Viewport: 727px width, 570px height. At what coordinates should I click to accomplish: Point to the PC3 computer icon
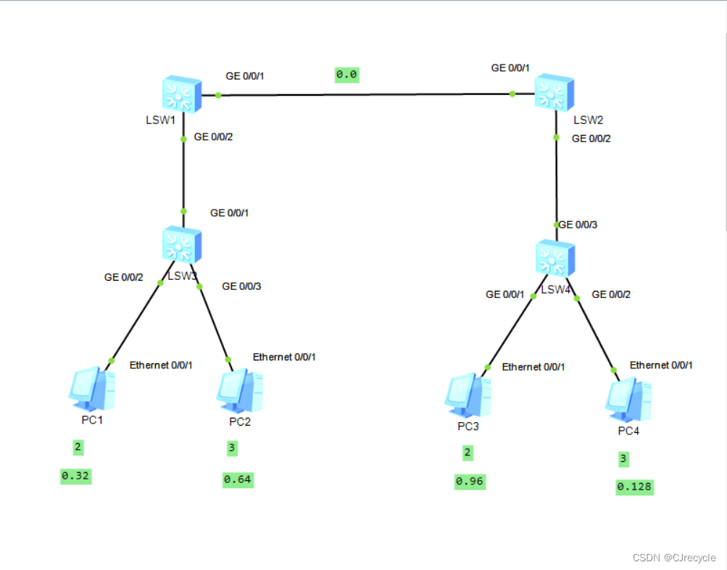pos(468,395)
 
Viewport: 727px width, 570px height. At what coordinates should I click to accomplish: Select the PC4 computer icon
pos(628,399)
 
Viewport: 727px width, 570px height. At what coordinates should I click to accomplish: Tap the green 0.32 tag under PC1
pos(75,476)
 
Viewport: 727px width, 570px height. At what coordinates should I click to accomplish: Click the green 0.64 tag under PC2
pos(238,479)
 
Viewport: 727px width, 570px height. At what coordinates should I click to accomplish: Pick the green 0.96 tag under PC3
pos(470,482)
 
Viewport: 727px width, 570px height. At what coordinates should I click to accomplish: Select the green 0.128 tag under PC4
pos(634,487)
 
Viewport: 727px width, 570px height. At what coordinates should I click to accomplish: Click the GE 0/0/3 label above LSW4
pos(578,224)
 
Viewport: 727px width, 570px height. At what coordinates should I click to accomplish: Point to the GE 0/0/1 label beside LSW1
pos(246,76)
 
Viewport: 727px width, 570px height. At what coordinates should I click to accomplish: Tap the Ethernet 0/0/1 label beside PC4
pos(661,365)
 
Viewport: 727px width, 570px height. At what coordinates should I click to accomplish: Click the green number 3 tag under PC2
pos(231,448)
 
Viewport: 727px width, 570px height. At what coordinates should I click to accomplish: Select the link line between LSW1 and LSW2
pos(362,94)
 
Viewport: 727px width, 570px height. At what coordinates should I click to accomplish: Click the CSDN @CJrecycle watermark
pos(674,558)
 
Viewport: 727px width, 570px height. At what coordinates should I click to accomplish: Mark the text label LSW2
pos(588,120)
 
